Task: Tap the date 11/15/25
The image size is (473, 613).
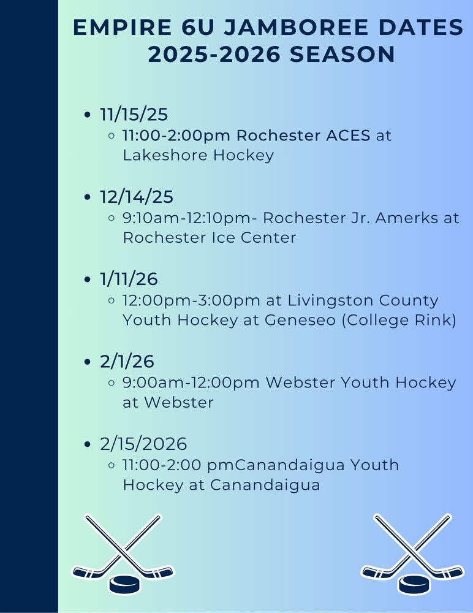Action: point(134,115)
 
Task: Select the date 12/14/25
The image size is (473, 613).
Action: point(137,197)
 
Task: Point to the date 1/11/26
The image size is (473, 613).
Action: point(129,279)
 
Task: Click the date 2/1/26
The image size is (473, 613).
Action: point(127,361)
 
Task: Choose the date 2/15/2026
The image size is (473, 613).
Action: point(143,444)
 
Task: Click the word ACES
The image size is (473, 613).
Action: point(348,135)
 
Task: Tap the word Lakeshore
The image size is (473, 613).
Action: point(165,155)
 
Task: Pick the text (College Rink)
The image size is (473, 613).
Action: point(399,320)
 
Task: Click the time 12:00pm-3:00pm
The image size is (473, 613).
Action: point(191,300)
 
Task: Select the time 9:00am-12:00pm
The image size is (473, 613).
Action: point(191,383)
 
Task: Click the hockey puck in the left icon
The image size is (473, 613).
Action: point(124,584)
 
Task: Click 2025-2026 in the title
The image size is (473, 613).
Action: point(214,55)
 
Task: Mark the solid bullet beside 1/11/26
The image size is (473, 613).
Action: point(87,280)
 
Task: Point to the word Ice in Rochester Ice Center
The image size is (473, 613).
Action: point(224,238)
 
